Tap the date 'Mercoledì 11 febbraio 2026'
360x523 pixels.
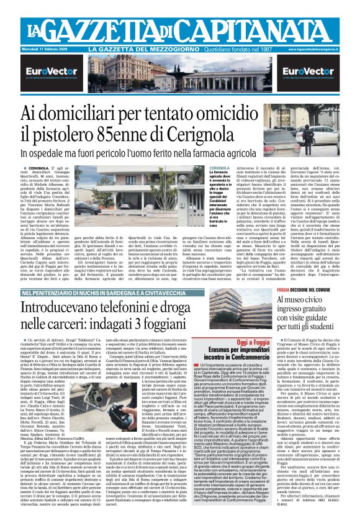tap(36, 48)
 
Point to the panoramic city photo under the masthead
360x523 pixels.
tap(179, 75)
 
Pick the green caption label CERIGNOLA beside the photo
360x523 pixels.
tap(202, 168)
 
